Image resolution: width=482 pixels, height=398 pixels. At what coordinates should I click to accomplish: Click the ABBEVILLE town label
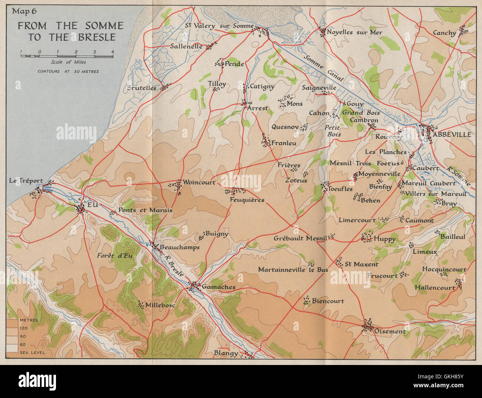coord(452,134)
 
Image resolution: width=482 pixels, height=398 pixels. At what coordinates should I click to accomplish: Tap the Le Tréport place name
coord(26,181)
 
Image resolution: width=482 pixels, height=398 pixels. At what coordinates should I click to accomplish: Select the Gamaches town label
coord(218,287)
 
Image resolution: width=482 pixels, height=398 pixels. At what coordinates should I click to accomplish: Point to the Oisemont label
coord(390,331)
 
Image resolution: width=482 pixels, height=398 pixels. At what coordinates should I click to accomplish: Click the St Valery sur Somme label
coord(219,26)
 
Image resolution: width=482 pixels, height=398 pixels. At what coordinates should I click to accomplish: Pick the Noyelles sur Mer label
coord(354,32)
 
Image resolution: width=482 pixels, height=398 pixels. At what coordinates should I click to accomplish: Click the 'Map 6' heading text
coord(24,11)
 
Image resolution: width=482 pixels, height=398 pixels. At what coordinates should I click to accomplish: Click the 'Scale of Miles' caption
coord(68,62)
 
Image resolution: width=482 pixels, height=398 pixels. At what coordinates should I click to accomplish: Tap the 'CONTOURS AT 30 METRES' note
coord(68,71)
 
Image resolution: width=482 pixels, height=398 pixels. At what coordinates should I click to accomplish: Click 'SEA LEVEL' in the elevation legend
coord(33,352)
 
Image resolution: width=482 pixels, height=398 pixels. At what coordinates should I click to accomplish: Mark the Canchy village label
coord(444,33)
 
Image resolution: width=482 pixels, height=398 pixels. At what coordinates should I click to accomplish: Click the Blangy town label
coord(226,353)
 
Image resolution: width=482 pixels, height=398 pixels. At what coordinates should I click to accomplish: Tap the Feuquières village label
coord(247,200)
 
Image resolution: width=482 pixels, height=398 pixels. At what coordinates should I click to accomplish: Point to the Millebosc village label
coord(160,305)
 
